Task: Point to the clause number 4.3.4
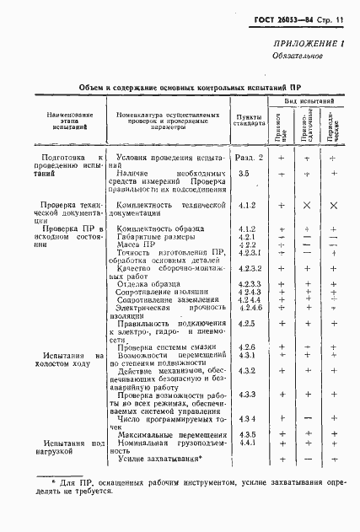(247, 419)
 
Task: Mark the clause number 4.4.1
(247, 443)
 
